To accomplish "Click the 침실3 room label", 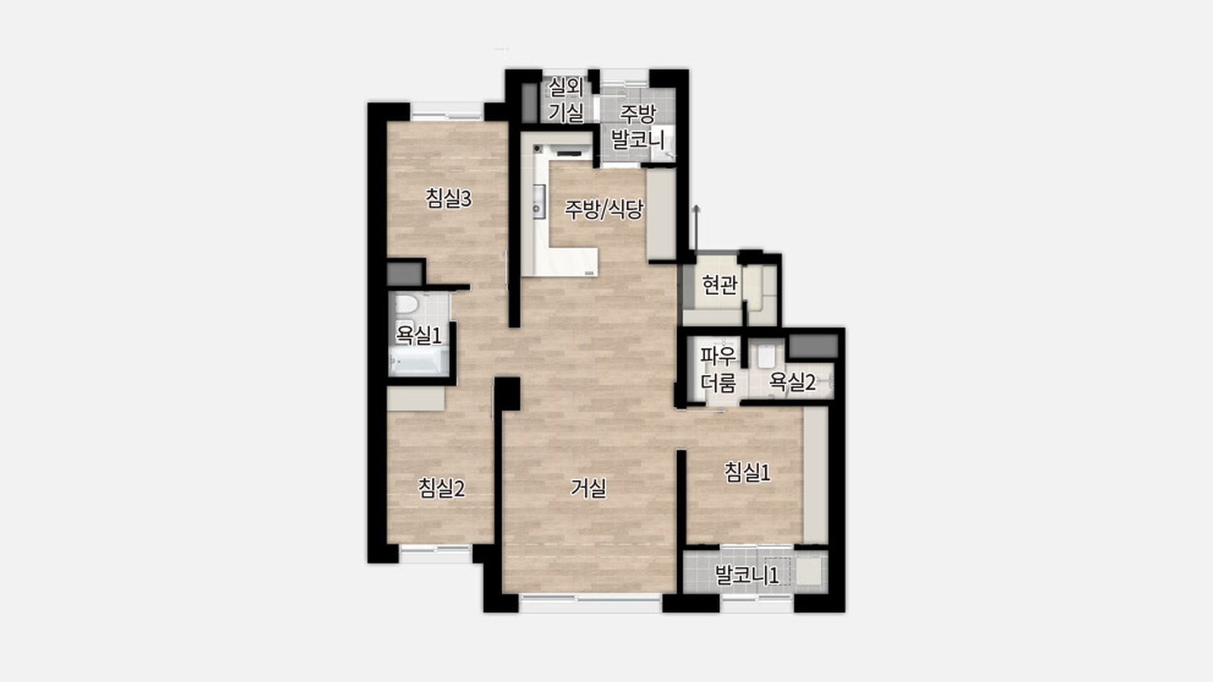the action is [448, 199].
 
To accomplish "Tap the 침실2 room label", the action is [441, 489].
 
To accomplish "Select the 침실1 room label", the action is [748, 473].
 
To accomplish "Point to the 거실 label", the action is [588, 489].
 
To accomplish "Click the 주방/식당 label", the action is [603, 209].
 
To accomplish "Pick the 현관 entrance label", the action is [719, 285].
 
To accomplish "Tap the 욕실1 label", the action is [418, 335].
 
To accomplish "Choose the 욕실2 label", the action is [792, 383].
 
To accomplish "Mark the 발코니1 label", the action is [748, 575].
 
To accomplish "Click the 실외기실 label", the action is [566, 99].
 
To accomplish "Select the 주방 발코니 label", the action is [638, 127].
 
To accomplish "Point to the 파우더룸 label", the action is [719, 370].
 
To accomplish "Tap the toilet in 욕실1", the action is [406, 304].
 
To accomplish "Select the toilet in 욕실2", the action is [766, 355].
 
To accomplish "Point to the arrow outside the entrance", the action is [697, 227].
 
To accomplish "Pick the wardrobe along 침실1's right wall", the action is [816, 475].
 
